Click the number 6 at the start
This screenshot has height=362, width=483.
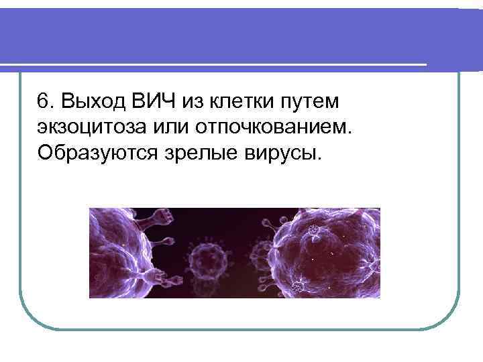point(44,102)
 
